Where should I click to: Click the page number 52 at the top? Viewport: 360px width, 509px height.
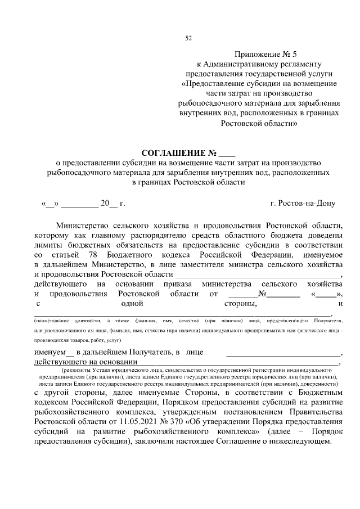(188, 38)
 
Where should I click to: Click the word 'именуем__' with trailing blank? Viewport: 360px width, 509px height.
(54, 352)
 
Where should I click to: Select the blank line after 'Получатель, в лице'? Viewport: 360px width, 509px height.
(283, 353)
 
